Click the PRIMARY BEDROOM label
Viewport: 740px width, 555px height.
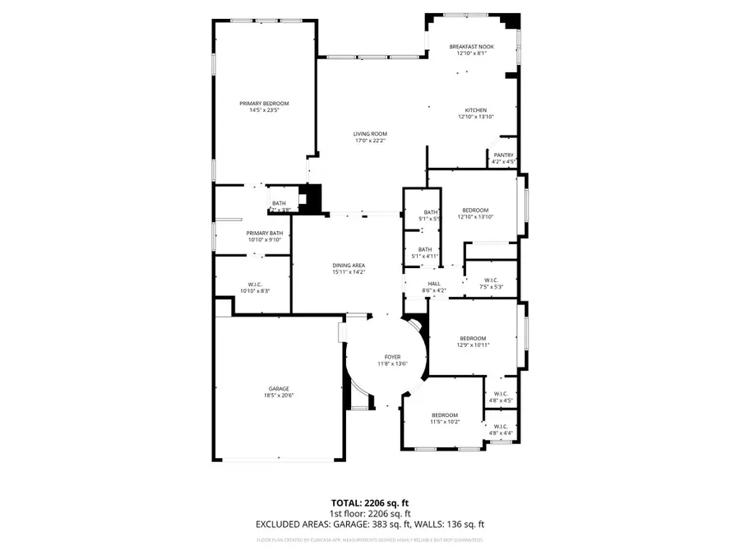pos(264,104)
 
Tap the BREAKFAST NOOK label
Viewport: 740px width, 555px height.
pos(472,47)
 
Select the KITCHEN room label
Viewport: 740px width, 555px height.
pos(475,110)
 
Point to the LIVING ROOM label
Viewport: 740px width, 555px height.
pos(370,134)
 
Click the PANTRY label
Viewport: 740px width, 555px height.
pos(502,155)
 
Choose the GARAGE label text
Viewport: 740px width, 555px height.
pos(278,389)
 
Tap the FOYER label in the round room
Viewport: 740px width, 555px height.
pos(392,356)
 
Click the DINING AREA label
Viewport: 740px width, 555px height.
pos(348,265)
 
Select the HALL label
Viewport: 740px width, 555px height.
pos(433,284)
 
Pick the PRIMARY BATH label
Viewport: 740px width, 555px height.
pos(264,234)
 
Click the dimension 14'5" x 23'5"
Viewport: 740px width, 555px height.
pos(264,111)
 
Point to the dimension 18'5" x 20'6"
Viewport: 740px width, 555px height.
pos(278,395)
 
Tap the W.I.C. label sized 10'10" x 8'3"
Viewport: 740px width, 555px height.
pos(254,284)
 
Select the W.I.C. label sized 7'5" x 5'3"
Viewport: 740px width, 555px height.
pos(491,281)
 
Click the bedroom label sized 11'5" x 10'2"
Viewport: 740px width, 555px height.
pos(445,415)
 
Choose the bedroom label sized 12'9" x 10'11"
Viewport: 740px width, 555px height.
pos(473,338)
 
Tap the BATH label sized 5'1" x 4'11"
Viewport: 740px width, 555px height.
pos(425,250)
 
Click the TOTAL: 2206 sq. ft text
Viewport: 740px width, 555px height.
pos(369,502)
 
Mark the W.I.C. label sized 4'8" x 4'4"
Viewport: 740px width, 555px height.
pos(500,427)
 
